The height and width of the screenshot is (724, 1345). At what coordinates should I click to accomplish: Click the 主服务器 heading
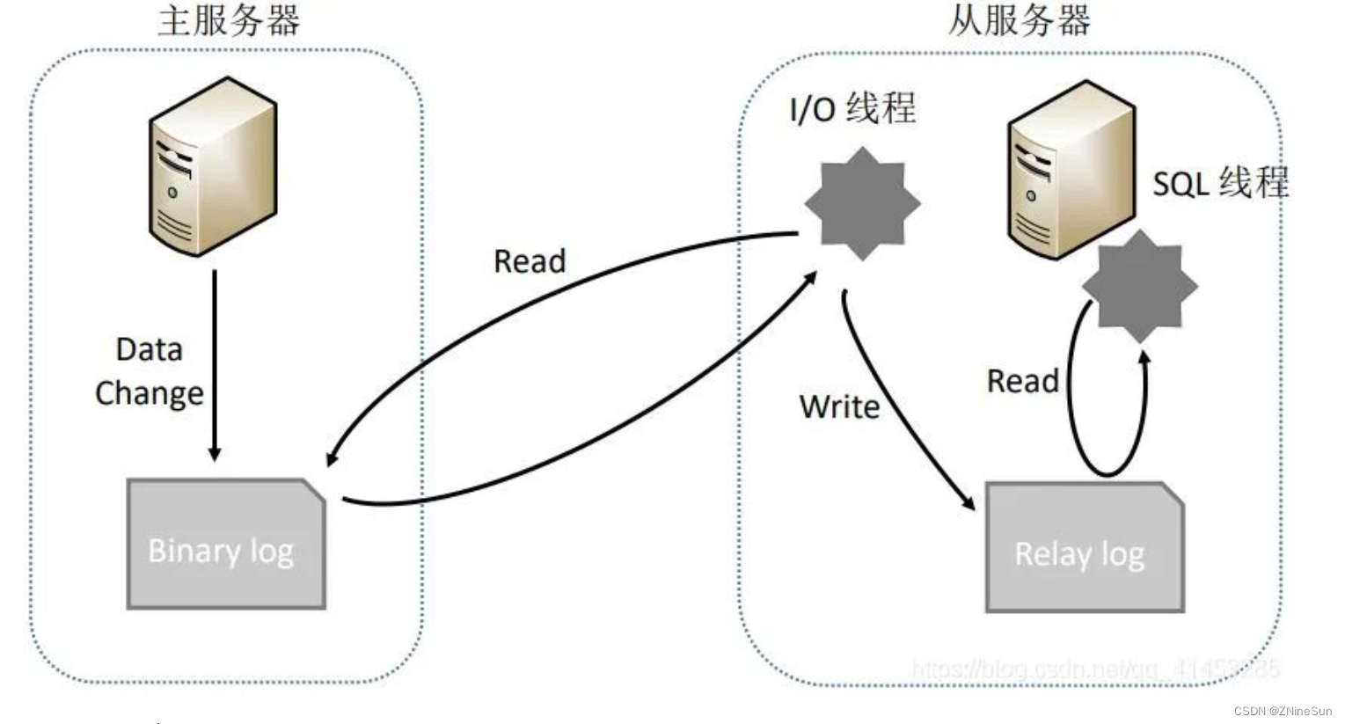(229, 21)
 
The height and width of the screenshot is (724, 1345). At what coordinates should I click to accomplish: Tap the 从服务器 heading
(1019, 21)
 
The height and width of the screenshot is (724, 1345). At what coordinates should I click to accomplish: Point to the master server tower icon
(213, 167)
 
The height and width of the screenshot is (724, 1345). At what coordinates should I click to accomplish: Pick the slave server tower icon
(1070, 170)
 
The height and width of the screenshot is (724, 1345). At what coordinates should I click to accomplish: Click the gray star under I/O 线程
(862, 204)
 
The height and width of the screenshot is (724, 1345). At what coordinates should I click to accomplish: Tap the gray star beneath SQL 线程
(1139, 286)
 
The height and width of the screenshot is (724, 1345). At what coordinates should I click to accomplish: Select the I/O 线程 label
(852, 109)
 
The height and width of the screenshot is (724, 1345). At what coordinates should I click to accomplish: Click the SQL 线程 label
(1220, 183)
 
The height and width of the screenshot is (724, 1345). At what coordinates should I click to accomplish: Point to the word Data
(149, 350)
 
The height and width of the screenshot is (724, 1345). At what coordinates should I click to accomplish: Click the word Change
(149, 393)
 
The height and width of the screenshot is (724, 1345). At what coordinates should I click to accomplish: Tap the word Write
(839, 407)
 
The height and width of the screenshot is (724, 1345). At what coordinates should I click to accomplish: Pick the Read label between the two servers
(530, 261)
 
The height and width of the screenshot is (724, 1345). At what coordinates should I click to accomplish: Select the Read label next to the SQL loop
(1022, 382)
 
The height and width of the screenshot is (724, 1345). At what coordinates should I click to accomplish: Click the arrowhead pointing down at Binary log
(214, 453)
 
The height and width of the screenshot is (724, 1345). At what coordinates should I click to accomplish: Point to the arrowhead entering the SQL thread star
(1144, 357)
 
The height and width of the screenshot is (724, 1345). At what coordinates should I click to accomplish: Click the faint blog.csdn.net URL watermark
(1095, 669)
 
